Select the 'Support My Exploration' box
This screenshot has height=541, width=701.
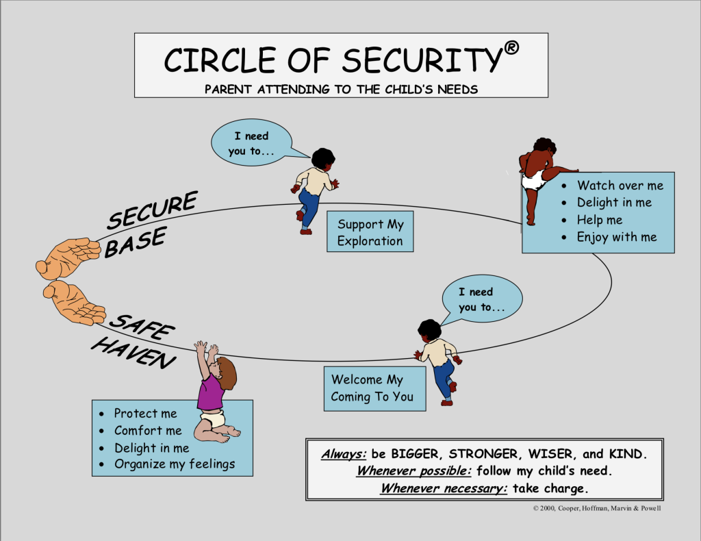pos(370,232)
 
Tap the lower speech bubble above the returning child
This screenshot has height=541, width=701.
pos(482,299)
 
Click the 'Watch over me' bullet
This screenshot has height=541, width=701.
pos(620,186)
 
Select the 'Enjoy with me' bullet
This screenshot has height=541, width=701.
pos(616,237)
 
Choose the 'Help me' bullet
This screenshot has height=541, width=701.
pos(600,220)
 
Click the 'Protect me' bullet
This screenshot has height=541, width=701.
pos(145,414)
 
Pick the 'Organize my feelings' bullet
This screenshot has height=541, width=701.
pos(174,464)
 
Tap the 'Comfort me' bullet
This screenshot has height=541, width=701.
pos(148,431)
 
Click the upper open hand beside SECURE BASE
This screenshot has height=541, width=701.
pos(68,257)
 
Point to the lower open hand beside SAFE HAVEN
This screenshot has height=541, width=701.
pos(74,302)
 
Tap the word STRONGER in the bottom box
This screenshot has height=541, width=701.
pos(484,453)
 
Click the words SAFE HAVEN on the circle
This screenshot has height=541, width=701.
pos(134,340)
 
